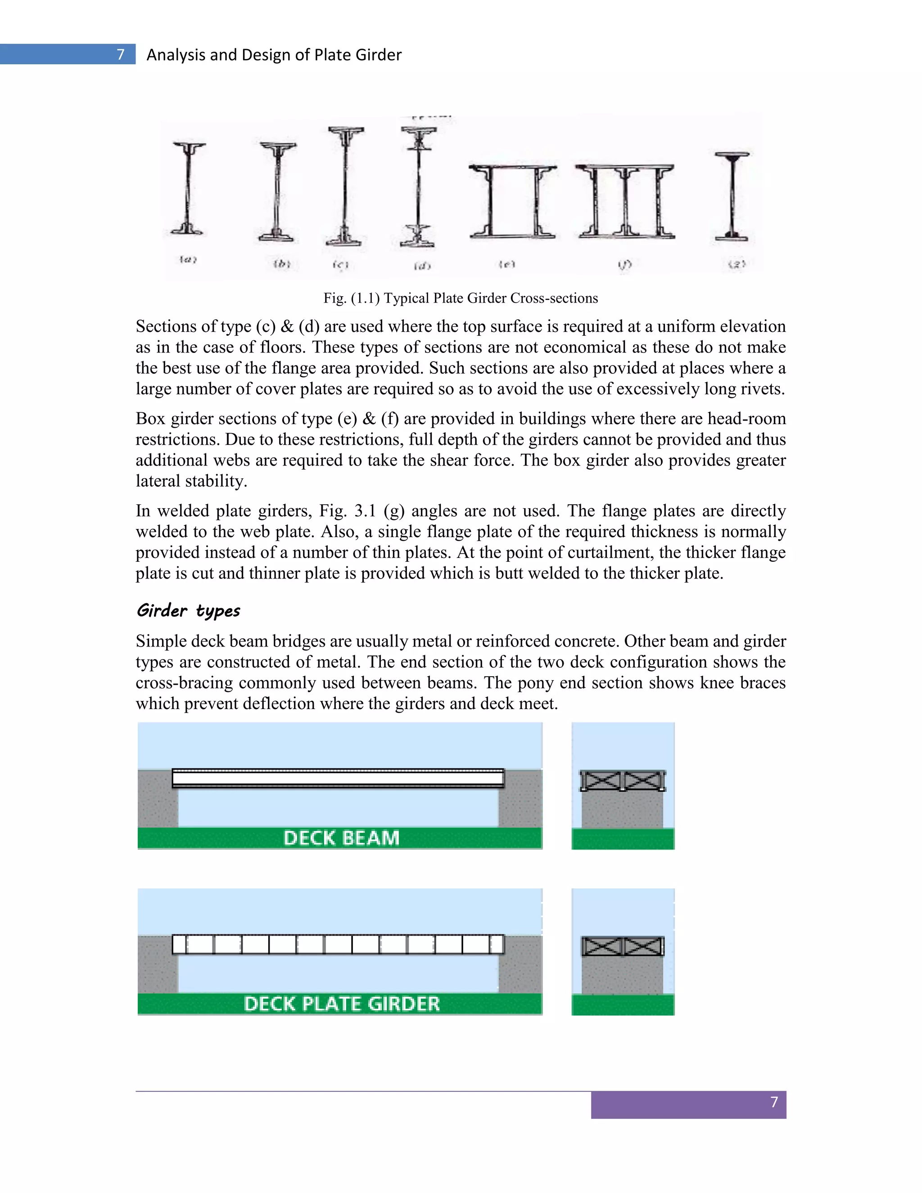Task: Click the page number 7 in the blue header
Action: (x=121, y=54)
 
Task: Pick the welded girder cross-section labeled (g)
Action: (x=732, y=197)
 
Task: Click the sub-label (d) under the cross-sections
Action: (x=422, y=266)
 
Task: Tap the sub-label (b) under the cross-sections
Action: (x=281, y=264)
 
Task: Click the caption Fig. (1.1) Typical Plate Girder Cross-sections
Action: (x=461, y=298)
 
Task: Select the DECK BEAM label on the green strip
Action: (x=341, y=838)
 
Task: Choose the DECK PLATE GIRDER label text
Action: (x=341, y=1003)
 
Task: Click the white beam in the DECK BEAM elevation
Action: (x=338, y=778)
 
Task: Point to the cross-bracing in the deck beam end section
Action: (x=622, y=781)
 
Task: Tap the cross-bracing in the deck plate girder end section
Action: (x=622, y=947)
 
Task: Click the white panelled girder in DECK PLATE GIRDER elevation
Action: (x=338, y=944)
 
